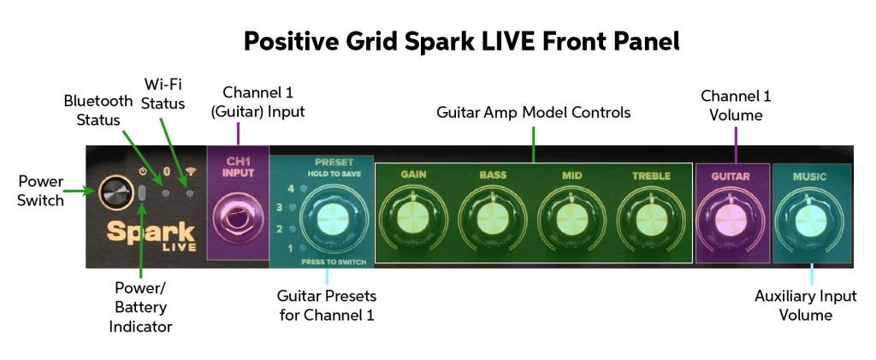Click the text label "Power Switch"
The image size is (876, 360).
tap(41, 191)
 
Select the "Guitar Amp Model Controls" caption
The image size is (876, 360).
tap(533, 112)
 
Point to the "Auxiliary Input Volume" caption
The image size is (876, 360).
tap(805, 305)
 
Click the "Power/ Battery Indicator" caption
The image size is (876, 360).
tap(140, 306)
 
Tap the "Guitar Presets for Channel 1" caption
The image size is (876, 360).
tap(327, 304)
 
